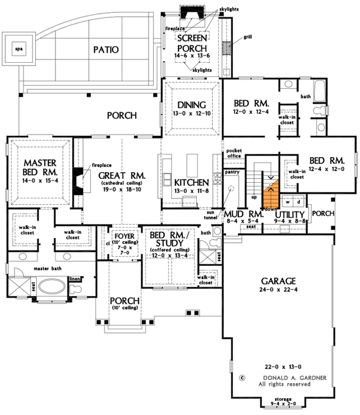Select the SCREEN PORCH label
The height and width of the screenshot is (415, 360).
tap(193, 43)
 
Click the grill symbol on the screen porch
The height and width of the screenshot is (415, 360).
tap(228, 48)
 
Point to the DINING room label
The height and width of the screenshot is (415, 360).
tap(192, 105)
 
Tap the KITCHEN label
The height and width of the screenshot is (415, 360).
tap(191, 183)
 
